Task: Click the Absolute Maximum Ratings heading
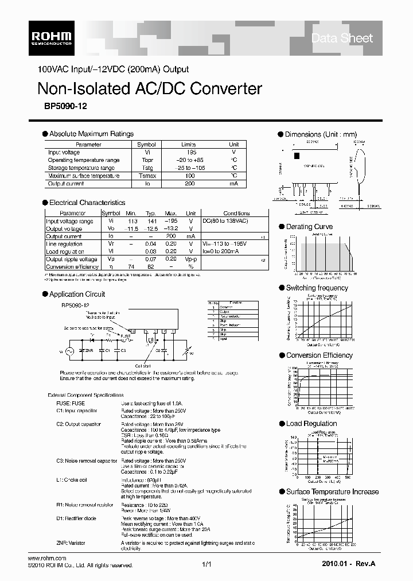click(x=91, y=134)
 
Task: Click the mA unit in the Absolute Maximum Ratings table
click(x=234, y=184)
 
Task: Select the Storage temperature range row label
click(x=81, y=168)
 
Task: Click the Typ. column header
click(x=150, y=213)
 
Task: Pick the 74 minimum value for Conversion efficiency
click(x=131, y=267)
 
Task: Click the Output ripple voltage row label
click(x=72, y=259)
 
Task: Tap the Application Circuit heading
click(x=77, y=294)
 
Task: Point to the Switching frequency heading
click(x=317, y=288)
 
